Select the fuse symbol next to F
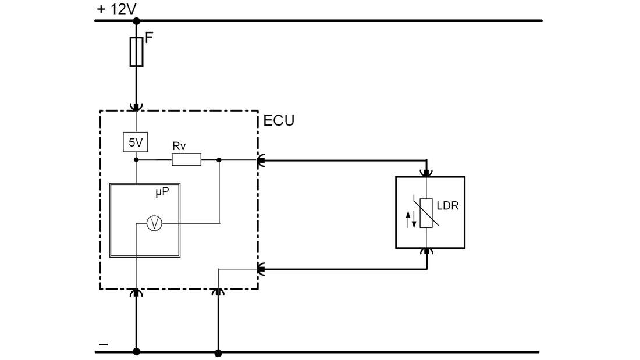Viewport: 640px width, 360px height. click(136, 52)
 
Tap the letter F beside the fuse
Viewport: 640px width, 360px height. click(149, 38)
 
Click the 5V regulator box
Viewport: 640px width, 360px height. click(136, 142)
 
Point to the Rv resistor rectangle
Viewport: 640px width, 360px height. click(186, 159)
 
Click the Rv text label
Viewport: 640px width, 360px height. click(179, 146)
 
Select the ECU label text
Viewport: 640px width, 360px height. click(279, 121)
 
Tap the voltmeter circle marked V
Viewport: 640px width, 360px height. click(154, 223)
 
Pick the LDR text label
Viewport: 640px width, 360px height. click(448, 205)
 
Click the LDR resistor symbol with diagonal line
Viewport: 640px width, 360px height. click(426, 212)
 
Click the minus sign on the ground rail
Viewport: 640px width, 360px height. click(104, 344)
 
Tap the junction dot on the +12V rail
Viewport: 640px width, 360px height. click(136, 21)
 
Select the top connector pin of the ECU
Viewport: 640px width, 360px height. click(136, 107)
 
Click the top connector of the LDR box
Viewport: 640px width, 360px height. click(426, 172)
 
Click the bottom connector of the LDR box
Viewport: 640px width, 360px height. click(426, 252)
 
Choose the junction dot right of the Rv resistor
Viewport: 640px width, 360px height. click(219, 159)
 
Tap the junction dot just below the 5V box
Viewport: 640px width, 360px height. click(136, 159)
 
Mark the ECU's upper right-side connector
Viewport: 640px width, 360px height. click(261, 159)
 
